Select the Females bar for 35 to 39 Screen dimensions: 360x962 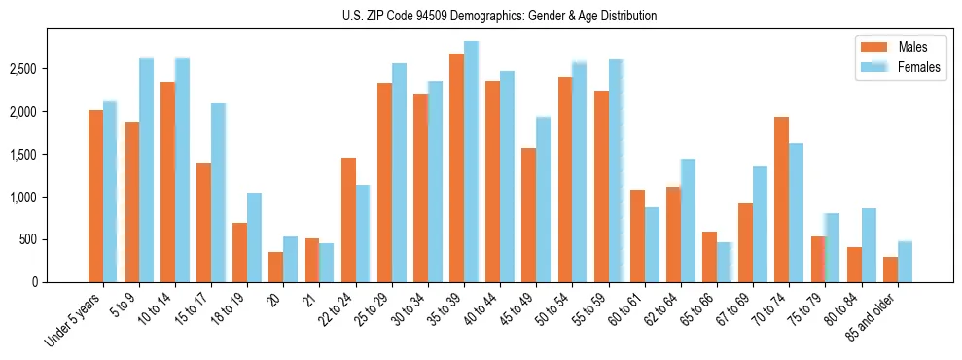point(471,162)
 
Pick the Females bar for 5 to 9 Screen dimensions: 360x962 point(146,170)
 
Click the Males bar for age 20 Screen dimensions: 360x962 point(275,267)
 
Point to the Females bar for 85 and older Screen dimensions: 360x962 point(905,262)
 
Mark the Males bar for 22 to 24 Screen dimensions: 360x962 point(348,220)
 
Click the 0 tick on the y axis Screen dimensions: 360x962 point(34,282)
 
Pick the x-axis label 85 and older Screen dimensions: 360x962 point(873,317)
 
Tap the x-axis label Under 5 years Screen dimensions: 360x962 point(73,319)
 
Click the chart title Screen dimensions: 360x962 point(500,16)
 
